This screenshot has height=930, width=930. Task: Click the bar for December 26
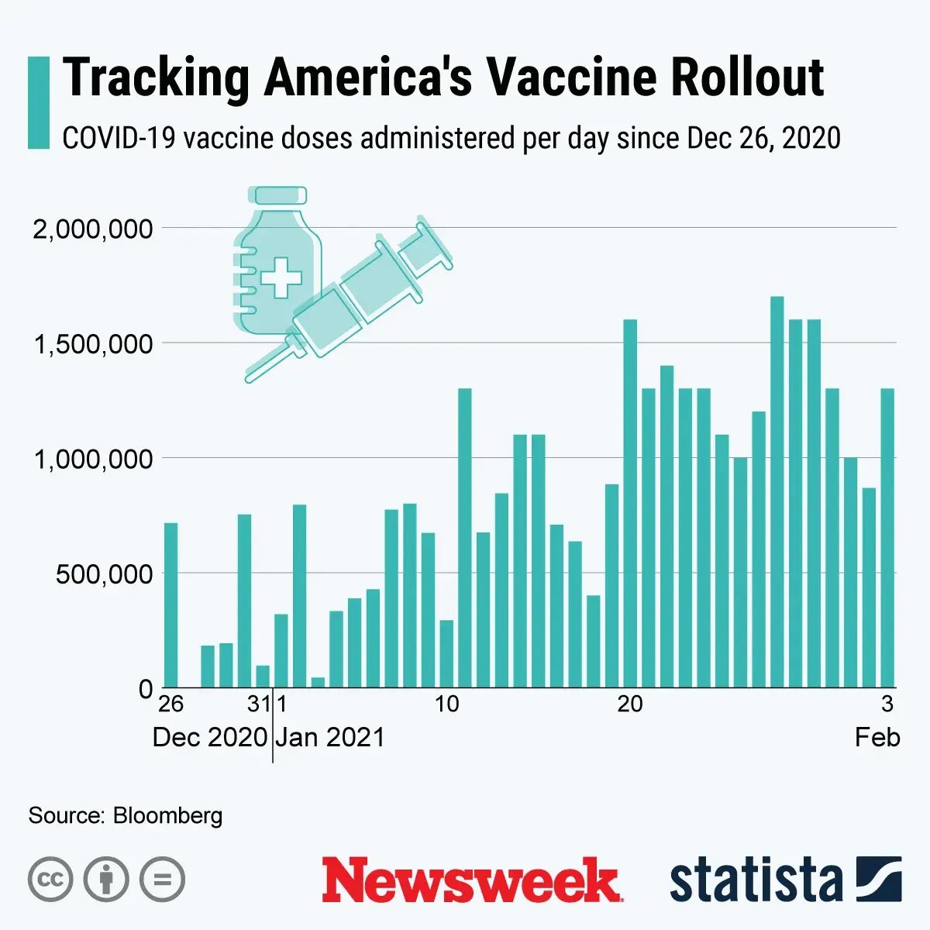pyautogui.click(x=170, y=605)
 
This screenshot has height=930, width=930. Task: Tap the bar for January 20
pyautogui.click(x=630, y=504)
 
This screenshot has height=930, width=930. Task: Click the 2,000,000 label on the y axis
pyautogui.click(x=92, y=229)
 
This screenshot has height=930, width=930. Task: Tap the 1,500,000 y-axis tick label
pyautogui.click(x=92, y=344)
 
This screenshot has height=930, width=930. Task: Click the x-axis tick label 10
pyautogui.click(x=446, y=704)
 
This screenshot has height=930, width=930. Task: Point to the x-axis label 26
pyautogui.click(x=170, y=704)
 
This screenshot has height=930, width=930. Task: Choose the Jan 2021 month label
pyautogui.click(x=330, y=737)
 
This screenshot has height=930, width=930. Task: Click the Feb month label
pyautogui.click(x=877, y=737)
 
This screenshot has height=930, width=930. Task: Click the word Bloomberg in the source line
pyautogui.click(x=167, y=815)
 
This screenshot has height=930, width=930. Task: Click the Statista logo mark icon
pyautogui.click(x=879, y=879)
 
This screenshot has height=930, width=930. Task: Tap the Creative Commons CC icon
pyautogui.click(x=50, y=880)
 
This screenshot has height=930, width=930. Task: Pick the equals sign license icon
pyautogui.click(x=162, y=880)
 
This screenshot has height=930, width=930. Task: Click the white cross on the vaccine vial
pyautogui.click(x=281, y=277)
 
